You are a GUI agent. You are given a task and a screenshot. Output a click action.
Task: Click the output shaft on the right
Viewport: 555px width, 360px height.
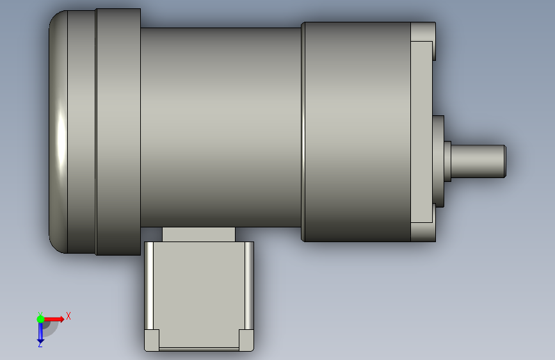click(478, 161)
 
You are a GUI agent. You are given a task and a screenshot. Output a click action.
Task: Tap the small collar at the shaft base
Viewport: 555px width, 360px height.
click(447, 161)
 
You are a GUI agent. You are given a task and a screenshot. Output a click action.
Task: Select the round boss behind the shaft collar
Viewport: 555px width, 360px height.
click(438, 161)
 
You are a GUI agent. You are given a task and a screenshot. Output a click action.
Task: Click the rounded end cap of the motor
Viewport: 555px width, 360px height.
click(58, 132)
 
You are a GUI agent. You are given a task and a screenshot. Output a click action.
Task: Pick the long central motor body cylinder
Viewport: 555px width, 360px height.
click(221, 127)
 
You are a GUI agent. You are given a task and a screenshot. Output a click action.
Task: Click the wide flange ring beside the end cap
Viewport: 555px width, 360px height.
click(118, 132)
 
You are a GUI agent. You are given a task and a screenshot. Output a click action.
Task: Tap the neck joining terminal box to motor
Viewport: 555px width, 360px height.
click(198, 234)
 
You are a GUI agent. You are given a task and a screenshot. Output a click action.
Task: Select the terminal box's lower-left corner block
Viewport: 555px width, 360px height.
click(152, 340)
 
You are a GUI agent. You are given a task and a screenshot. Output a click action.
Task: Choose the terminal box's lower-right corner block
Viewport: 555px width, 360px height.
click(246, 340)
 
